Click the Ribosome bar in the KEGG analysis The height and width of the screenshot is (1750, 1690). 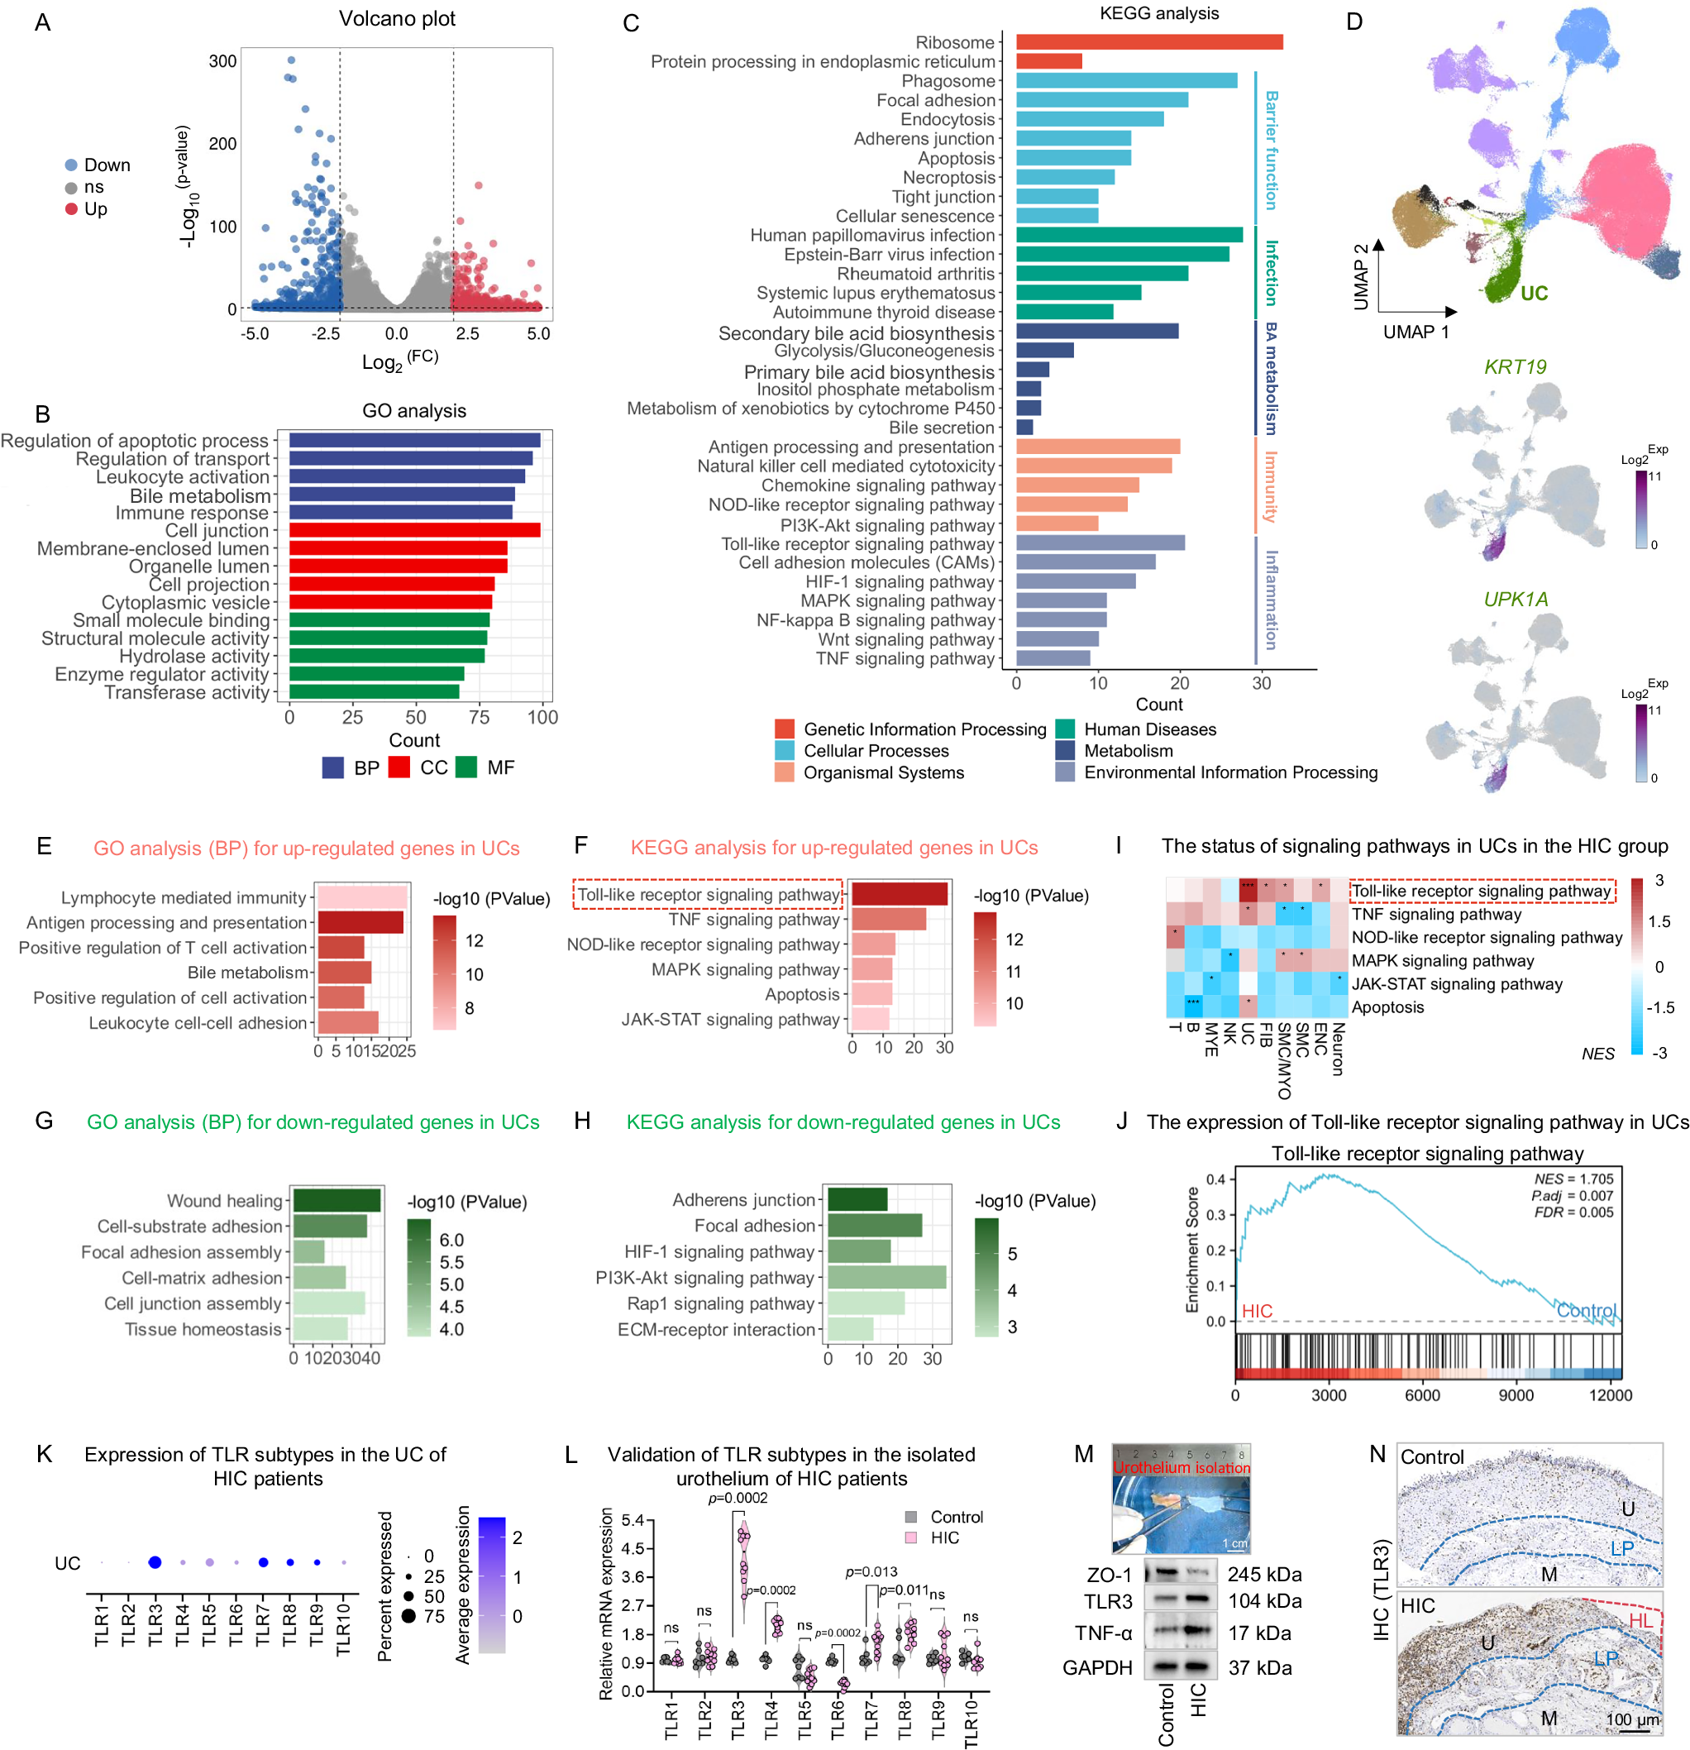click(x=1148, y=42)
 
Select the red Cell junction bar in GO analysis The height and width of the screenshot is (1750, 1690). click(x=414, y=530)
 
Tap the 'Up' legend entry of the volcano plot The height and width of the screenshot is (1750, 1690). click(x=96, y=209)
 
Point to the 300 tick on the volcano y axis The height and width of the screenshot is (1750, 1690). click(x=222, y=61)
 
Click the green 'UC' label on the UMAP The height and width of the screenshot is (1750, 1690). click(x=1533, y=293)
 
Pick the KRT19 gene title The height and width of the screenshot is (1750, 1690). click(x=1514, y=367)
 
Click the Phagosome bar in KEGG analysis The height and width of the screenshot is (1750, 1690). click(x=1126, y=81)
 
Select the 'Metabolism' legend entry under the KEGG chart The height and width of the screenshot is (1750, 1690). click(x=1128, y=751)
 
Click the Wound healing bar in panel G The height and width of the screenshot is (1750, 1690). click(x=337, y=1200)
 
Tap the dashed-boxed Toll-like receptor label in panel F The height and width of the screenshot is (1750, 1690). click(x=708, y=895)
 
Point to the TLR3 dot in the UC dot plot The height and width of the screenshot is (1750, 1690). click(x=155, y=1561)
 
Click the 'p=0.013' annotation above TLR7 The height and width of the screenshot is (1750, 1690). click(x=871, y=1571)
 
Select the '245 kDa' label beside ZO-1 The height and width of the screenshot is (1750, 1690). click(x=1263, y=1574)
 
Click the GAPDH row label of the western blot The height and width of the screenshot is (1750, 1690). click(x=1096, y=1667)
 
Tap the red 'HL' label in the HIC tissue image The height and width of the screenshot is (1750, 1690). click(x=1640, y=1619)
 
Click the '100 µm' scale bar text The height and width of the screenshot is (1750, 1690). click(x=1632, y=1719)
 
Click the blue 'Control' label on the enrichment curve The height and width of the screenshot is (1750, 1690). click(x=1586, y=1310)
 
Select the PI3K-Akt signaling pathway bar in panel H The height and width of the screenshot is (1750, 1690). click(x=886, y=1278)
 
